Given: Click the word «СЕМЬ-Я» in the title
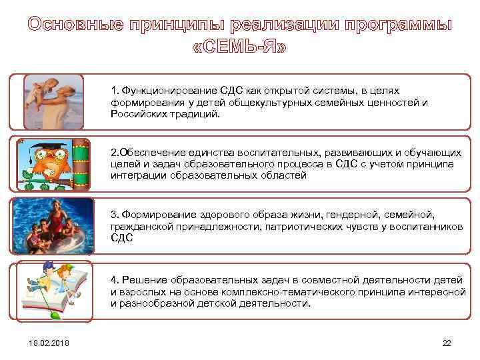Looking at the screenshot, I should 240,49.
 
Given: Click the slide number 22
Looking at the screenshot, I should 447,343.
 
